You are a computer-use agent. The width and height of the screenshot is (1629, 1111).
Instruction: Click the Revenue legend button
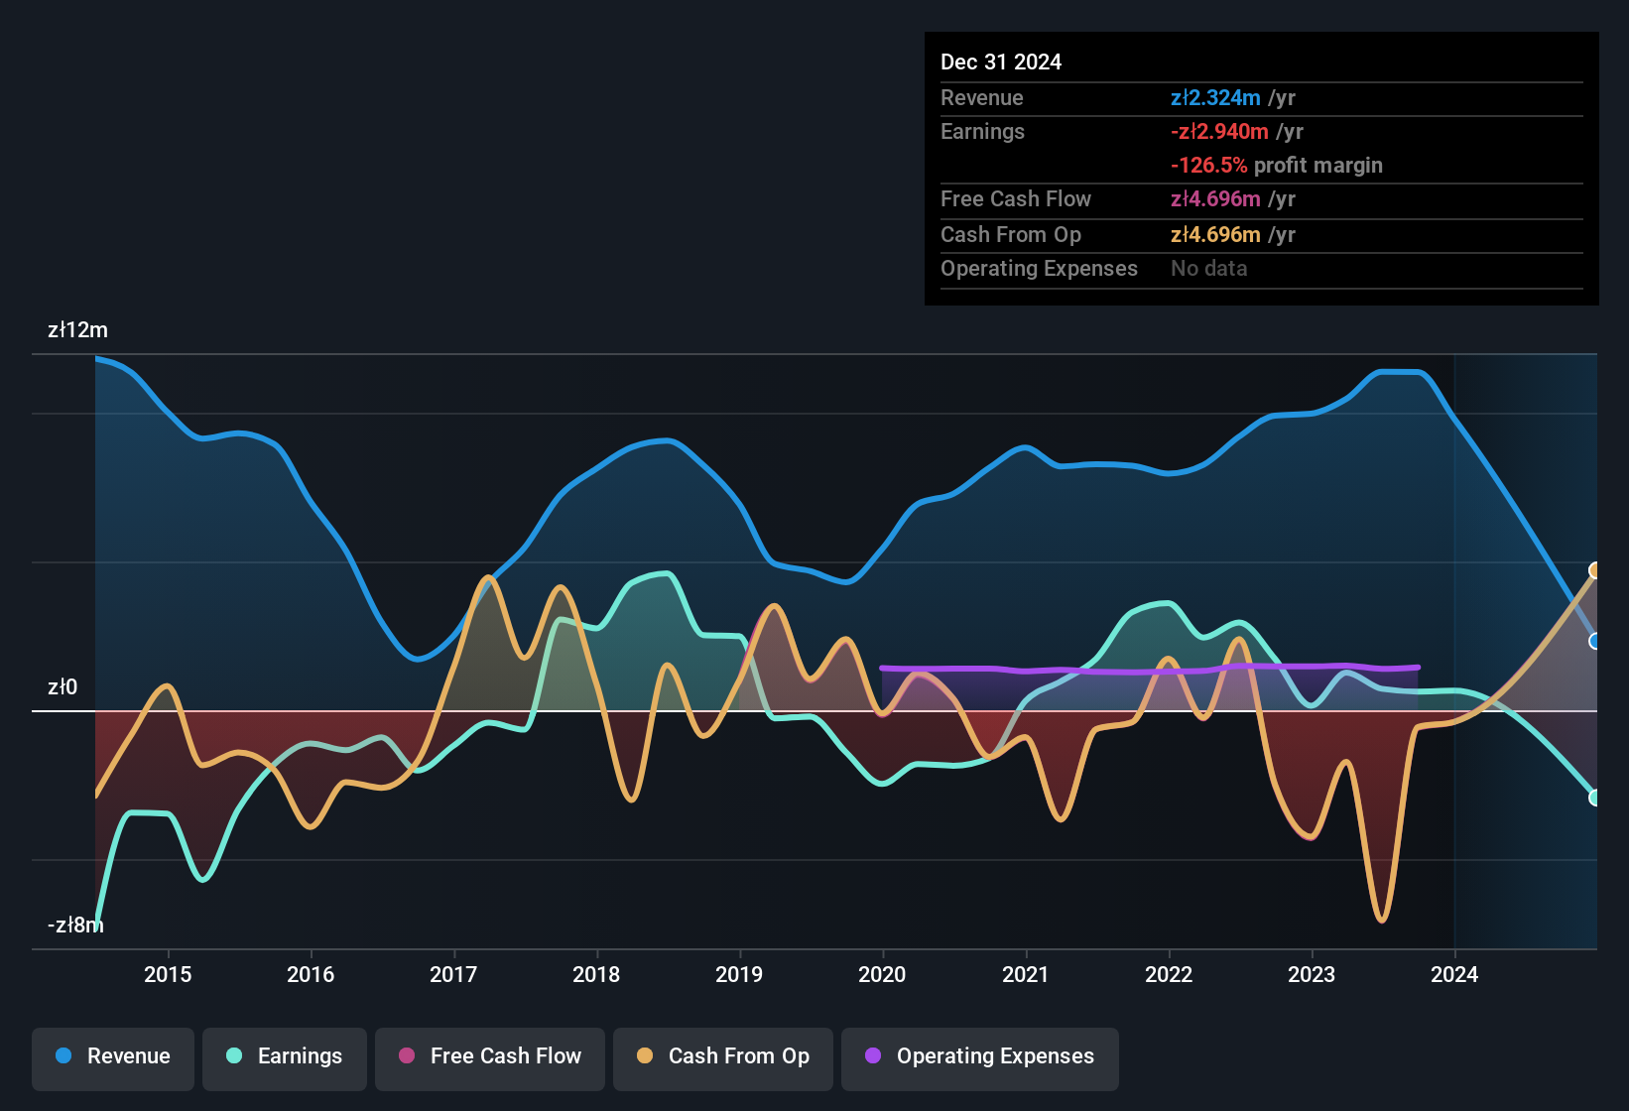click(113, 1056)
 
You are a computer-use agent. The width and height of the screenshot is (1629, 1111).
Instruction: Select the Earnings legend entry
click(285, 1056)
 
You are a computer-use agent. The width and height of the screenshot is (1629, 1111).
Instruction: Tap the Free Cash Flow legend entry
click(490, 1056)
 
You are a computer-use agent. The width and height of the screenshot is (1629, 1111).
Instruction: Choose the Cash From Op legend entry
click(723, 1056)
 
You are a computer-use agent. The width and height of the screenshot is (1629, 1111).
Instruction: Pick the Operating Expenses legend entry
click(980, 1056)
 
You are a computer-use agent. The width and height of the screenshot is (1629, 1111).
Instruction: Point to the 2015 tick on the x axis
click(168, 974)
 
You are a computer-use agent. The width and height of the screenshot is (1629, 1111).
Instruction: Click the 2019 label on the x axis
click(739, 974)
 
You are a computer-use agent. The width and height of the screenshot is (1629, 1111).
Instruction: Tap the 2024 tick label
click(1453, 974)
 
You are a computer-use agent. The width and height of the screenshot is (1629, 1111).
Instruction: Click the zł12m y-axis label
click(77, 330)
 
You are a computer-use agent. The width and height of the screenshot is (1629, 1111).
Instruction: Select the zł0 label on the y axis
click(62, 686)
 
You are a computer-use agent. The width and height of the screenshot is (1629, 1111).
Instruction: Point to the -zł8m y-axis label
click(75, 925)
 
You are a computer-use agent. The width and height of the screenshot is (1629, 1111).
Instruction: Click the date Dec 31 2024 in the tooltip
click(1000, 62)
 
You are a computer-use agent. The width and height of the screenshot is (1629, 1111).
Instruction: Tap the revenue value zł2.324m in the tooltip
click(1215, 97)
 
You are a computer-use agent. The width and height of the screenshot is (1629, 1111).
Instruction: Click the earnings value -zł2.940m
click(1219, 131)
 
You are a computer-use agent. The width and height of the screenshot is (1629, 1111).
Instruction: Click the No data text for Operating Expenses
click(1208, 268)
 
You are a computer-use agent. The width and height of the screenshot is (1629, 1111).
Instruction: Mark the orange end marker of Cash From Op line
click(1595, 570)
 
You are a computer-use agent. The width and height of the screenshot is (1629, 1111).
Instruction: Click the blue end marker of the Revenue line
click(1595, 641)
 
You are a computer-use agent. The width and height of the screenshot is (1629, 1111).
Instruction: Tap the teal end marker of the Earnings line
click(1595, 798)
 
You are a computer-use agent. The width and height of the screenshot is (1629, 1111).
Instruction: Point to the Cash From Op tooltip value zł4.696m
click(1215, 234)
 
